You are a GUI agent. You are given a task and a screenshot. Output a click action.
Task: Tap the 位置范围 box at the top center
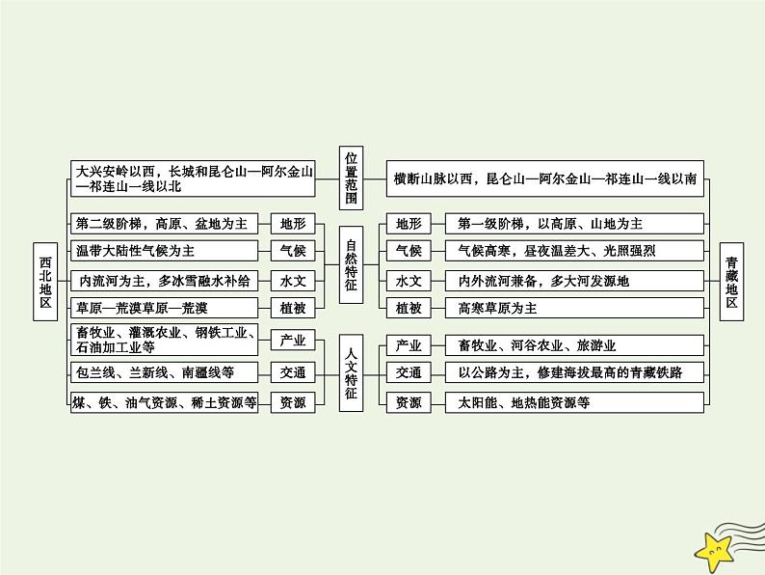coord(351,178)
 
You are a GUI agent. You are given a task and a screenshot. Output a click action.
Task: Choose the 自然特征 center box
coord(351,264)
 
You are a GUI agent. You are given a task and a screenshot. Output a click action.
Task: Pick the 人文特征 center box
coord(351,371)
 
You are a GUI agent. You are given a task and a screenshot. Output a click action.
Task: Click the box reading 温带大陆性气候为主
coord(166,251)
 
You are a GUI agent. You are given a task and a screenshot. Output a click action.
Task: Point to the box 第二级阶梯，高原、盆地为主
coord(166,224)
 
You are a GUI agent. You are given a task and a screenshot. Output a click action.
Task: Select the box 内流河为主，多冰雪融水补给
coord(166,281)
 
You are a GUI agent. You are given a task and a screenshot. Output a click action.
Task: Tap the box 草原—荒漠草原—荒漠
coord(166,308)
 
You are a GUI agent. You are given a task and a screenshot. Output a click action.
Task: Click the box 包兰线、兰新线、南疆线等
coord(166,371)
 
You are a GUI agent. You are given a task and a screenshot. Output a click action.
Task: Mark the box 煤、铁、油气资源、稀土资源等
coord(166,403)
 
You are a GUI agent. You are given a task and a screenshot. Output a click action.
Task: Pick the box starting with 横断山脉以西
coord(544,178)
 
